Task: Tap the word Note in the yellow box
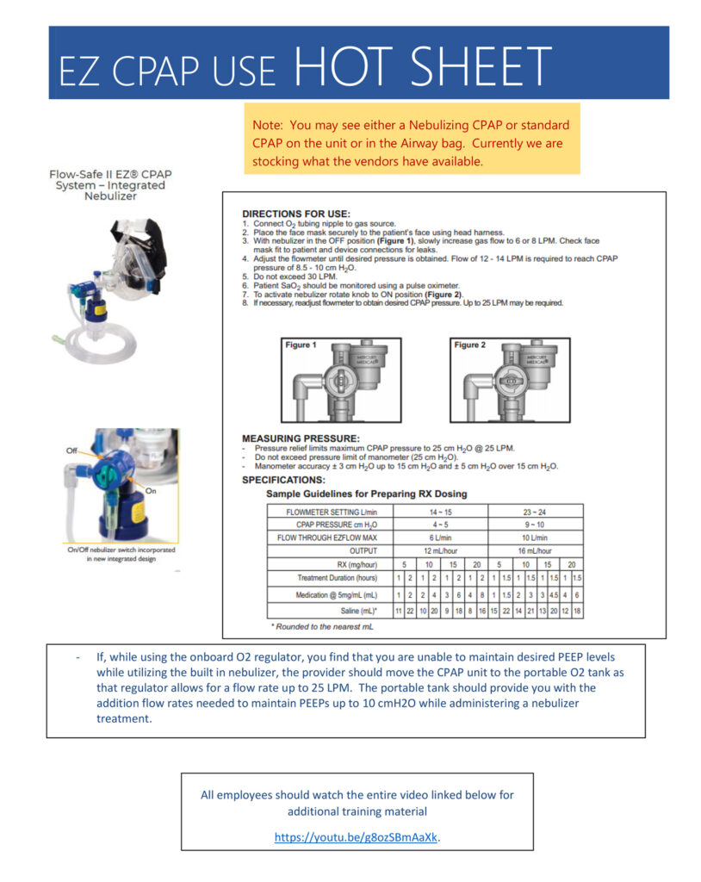pyautogui.click(x=268, y=126)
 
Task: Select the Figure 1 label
pyautogui.click(x=301, y=345)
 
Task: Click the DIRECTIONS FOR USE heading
pyautogui.click(x=296, y=214)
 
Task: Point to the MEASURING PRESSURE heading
pyautogui.click(x=301, y=438)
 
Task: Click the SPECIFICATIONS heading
pyautogui.click(x=283, y=480)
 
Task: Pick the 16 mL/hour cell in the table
pyautogui.click(x=535, y=550)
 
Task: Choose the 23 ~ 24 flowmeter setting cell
pyautogui.click(x=535, y=511)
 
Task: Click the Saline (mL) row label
pyautogui.click(x=359, y=610)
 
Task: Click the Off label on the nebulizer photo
pyautogui.click(x=71, y=450)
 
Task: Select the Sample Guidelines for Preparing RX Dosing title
pyautogui.click(x=367, y=494)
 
